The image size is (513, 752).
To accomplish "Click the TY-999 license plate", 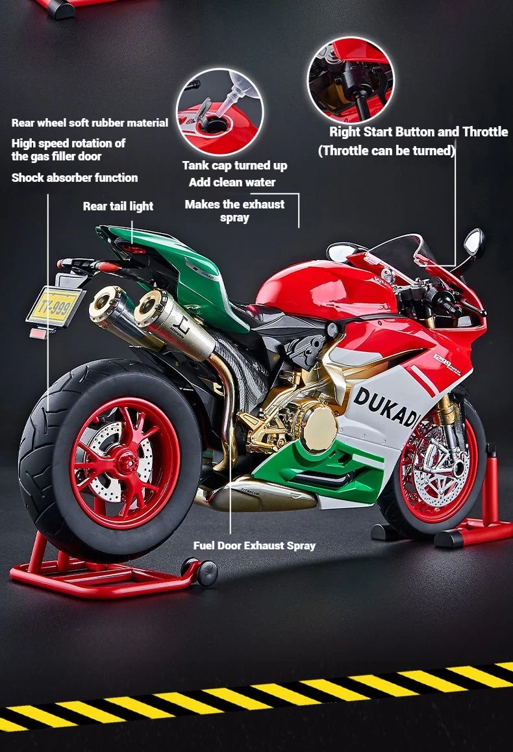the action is point(54,305).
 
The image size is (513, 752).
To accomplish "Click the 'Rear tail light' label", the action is point(118,207).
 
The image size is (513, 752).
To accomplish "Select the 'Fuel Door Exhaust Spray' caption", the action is point(255,545).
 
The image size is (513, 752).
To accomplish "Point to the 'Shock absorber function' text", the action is point(75,178).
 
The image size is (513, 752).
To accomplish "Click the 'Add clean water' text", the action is point(232,182).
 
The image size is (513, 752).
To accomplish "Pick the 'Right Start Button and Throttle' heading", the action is point(418,132).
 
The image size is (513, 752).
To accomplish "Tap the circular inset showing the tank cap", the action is point(219,112).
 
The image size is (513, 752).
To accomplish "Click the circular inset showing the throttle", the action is point(351,80).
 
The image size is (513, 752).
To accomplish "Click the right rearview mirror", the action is point(474,242).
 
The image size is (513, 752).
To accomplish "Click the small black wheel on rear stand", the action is point(207,572).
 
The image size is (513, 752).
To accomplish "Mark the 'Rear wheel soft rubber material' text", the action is point(90,123).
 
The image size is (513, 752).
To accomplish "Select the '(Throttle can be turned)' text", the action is point(386,151).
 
